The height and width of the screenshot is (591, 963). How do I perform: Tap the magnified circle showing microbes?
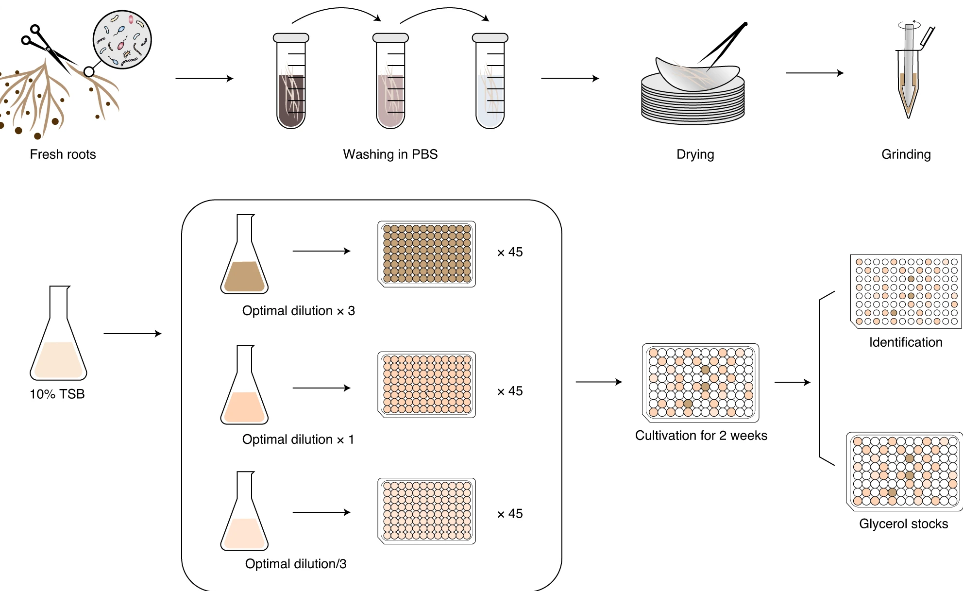click(x=122, y=40)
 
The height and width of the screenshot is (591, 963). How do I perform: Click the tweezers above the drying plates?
click(x=724, y=46)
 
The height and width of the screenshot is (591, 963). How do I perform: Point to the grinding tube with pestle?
click(x=908, y=73)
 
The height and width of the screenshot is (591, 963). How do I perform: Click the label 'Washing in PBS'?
click(x=390, y=154)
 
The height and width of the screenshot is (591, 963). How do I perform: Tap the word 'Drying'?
click(x=695, y=154)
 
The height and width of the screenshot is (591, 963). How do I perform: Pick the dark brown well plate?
click(x=426, y=253)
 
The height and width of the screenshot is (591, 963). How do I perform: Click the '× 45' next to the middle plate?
click(x=510, y=391)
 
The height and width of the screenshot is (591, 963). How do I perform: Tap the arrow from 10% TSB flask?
click(x=132, y=334)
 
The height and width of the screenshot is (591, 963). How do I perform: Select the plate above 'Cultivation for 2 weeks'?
click(x=700, y=383)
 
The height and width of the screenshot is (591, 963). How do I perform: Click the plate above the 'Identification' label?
click(x=906, y=291)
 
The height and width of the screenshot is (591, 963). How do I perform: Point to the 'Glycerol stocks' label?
click(x=903, y=524)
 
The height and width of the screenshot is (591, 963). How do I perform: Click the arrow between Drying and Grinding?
click(x=814, y=73)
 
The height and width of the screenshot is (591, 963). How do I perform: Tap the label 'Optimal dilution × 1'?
click(x=298, y=439)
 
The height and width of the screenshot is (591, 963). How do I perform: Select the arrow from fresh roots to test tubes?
click(x=204, y=78)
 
